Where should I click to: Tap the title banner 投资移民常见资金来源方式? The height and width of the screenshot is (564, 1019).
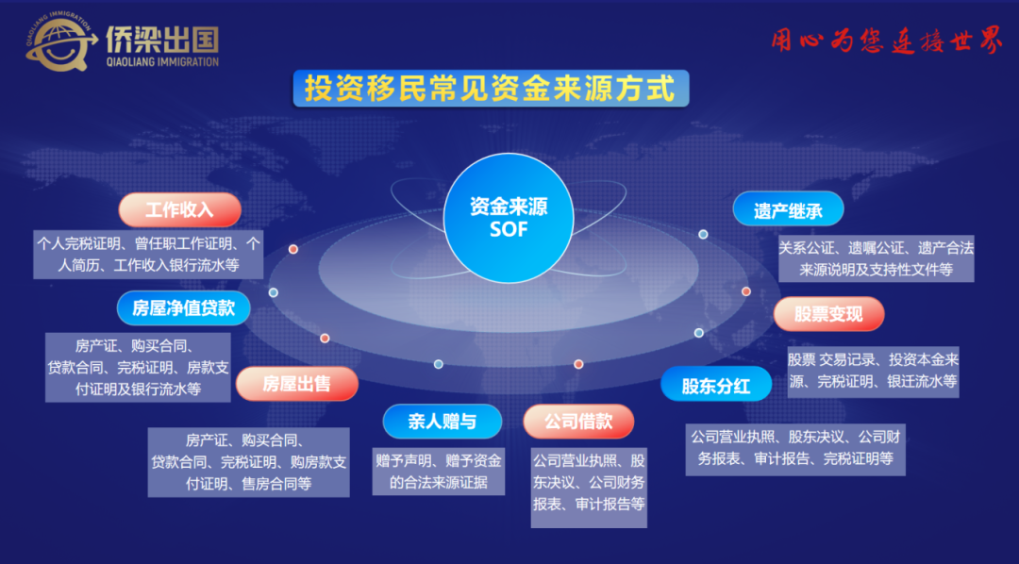point(491,89)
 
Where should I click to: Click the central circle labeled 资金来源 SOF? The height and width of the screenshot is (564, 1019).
point(509,218)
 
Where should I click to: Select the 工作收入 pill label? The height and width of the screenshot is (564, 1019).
point(180,210)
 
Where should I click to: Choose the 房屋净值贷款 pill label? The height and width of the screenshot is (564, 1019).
point(184,308)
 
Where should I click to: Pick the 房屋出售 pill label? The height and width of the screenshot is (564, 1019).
point(297,383)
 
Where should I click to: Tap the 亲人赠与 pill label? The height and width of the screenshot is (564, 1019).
point(442,421)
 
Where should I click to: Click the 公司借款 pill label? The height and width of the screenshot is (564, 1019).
point(578,421)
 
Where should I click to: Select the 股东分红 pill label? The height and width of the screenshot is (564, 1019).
point(716,386)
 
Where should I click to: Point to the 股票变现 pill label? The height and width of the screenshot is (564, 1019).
point(828,314)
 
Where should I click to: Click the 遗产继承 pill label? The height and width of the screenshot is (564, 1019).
point(788,210)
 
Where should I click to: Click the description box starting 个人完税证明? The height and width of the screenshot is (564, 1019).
point(148,254)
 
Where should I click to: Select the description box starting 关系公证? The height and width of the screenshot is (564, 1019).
point(876,258)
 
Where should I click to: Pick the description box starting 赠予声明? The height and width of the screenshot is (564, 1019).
point(439,472)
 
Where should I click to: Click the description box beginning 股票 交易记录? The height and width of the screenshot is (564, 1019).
point(873,371)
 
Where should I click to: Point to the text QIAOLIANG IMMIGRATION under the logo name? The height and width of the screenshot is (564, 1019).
point(162,62)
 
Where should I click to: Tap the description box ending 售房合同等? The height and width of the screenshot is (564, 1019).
point(249,462)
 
